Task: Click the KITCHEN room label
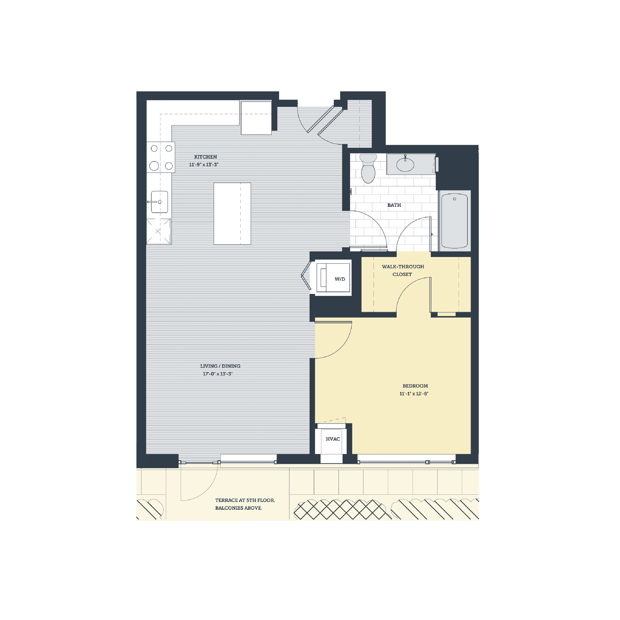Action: pos(205,157)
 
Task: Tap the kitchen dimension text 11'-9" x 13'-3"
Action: pos(203,165)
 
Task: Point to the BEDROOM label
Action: pos(415,386)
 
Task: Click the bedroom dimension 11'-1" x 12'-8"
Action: pos(414,394)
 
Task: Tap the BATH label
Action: pos(394,205)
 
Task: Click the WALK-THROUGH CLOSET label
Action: pos(403,271)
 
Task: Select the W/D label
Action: pos(340,279)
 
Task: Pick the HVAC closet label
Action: pos(333,439)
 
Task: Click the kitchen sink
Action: pos(159,202)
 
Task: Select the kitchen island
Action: pos(232,214)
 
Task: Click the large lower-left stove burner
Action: pos(154,166)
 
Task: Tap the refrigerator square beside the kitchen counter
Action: pos(256,118)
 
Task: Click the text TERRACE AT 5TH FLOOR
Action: pos(245,500)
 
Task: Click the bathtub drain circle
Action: pos(454,199)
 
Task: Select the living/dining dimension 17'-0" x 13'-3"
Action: pos(218,374)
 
